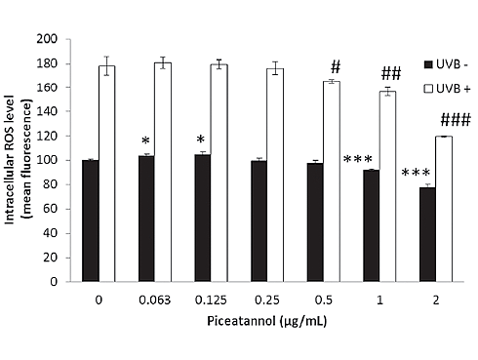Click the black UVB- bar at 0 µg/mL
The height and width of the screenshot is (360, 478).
[90, 220]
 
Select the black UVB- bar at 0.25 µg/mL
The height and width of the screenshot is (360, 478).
[259, 220]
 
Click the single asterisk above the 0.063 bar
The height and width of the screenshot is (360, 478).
[145, 142]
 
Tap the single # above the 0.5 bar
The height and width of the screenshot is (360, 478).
[336, 67]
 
